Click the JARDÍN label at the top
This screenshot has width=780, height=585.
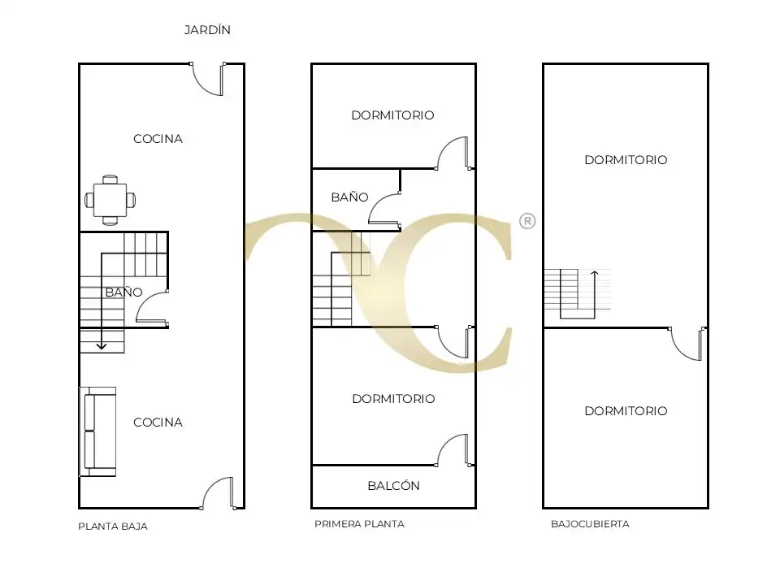tap(207, 30)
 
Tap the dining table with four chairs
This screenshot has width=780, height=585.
tap(110, 200)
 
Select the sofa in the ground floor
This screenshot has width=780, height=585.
tap(98, 431)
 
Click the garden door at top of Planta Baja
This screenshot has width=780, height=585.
tap(208, 79)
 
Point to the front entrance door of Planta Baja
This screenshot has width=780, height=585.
tap(219, 493)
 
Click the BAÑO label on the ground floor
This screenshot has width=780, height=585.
tap(123, 292)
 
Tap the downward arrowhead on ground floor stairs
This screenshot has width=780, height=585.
tap(102, 346)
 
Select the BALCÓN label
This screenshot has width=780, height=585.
tap(393, 486)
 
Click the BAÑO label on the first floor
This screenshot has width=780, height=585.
tap(349, 197)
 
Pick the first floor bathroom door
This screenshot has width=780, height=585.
tap(384, 209)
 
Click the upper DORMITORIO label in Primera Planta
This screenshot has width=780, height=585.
tap(393, 115)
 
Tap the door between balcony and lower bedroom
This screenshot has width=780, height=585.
tap(453, 450)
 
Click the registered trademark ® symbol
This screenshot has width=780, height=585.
tap(527, 221)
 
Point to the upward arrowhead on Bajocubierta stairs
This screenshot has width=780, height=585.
tap(595, 274)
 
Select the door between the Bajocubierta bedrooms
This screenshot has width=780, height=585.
tap(687, 344)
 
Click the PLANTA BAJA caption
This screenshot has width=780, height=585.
tap(113, 526)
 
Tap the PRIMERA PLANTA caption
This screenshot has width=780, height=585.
tap(359, 524)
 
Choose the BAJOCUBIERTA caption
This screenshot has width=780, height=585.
tap(590, 524)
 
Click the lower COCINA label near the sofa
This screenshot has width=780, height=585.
tap(158, 422)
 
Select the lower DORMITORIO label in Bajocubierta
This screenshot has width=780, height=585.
tap(626, 411)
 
